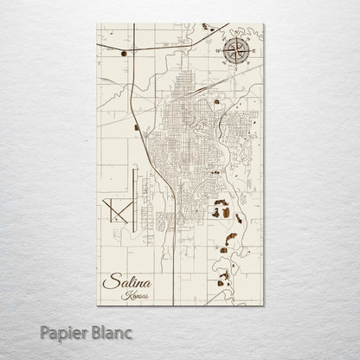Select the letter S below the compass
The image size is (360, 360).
[235, 71]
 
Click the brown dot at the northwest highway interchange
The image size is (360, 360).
[125, 54]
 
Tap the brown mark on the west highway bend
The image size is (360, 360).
[137, 127]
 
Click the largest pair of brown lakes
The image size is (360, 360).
[222, 210]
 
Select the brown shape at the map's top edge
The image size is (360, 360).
[207, 27]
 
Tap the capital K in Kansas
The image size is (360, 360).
[126, 295]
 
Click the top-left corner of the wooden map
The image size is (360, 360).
[98, 24]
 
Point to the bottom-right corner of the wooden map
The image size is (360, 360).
[264, 305]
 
